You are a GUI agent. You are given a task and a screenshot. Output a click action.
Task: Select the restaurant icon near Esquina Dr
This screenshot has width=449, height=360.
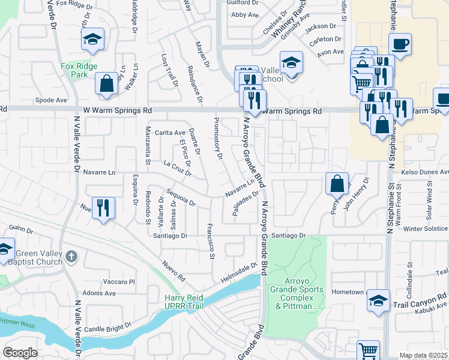pyautogui.click(x=103, y=208)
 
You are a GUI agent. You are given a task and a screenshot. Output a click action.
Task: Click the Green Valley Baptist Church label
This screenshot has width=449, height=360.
pyautogui.click(x=39, y=257)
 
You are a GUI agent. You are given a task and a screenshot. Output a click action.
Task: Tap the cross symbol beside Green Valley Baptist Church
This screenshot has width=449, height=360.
pyautogui.click(x=71, y=257)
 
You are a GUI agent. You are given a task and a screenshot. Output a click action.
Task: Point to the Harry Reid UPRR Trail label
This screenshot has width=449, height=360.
pyautogui.click(x=184, y=302)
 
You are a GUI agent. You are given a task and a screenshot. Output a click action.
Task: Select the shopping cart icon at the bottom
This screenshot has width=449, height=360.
pyautogui.click(x=368, y=350)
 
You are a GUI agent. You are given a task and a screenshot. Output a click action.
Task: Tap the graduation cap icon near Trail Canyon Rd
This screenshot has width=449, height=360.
pyautogui.click(x=379, y=300)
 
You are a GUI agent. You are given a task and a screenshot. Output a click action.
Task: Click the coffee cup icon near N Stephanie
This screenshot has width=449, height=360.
pyautogui.click(x=399, y=43)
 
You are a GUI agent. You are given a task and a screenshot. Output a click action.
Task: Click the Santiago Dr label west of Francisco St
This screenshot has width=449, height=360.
pyautogui.click(x=170, y=236)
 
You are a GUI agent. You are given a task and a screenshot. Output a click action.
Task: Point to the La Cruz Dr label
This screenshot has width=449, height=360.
pyautogui.click(x=177, y=169)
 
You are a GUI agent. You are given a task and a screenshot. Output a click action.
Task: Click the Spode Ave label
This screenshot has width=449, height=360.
pyautogui.click(x=51, y=100)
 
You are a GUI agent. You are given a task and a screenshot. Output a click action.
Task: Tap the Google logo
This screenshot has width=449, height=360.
pyautogui.click(x=20, y=353)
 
